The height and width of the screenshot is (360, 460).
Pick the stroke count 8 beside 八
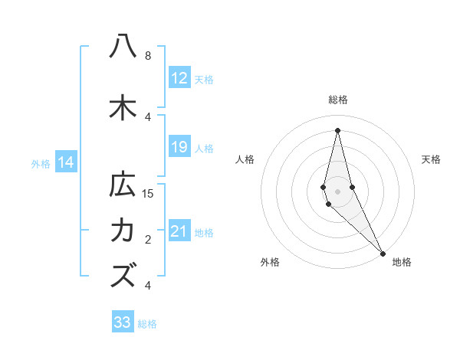[147, 56]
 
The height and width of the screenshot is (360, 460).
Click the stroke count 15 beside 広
[148, 193]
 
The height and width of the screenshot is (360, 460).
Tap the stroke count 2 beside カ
[147, 240]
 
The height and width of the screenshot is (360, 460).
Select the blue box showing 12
[179, 78]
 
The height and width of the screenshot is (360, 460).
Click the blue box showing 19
[179, 147]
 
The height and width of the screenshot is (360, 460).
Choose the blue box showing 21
[179, 231]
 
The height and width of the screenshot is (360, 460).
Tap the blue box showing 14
[65, 162]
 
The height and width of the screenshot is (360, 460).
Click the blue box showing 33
[123, 322]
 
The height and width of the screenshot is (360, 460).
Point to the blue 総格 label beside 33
[147, 324]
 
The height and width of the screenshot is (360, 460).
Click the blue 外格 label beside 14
[40, 163]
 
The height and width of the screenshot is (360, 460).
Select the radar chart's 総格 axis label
[337, 100]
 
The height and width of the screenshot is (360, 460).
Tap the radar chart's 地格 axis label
[402, 262]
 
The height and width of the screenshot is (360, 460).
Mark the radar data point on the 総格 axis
[337, 129]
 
